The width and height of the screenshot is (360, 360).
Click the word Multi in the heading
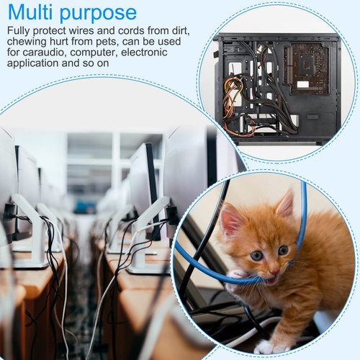[30, 12]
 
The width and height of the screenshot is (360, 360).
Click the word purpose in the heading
[98, 14]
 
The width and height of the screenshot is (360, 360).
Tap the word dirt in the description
[181, 31]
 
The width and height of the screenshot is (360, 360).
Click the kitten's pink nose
[274, 272]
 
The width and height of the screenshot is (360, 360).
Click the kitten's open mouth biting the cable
[271, 280]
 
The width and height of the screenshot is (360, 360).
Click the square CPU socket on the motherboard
[307, 64]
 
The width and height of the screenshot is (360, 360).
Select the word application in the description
[32, 64]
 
